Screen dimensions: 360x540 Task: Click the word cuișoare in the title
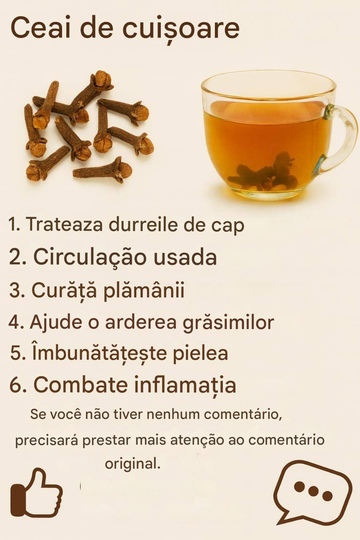[181, 30]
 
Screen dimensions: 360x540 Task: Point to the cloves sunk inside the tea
[263, 173]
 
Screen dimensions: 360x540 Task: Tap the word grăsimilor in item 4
[228, 323]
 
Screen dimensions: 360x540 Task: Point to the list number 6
[16, 385]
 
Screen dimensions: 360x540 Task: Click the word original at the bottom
[133, 464]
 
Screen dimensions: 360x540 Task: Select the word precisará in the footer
[47, 440]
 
